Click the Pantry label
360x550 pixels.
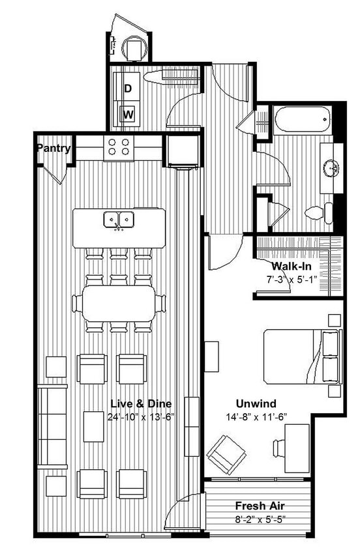click(53, 149)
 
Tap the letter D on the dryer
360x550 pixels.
click(128, 88)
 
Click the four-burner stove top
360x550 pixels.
click(117, 147)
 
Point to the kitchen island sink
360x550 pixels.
click(119, 220)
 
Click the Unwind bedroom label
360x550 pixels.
click(256, 403)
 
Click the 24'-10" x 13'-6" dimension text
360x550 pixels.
click(141, 416)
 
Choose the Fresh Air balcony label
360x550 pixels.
click(260, 506)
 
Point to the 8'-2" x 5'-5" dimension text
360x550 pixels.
click(260, 519)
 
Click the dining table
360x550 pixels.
click(119, 304)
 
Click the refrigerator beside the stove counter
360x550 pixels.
click(180, 151)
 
